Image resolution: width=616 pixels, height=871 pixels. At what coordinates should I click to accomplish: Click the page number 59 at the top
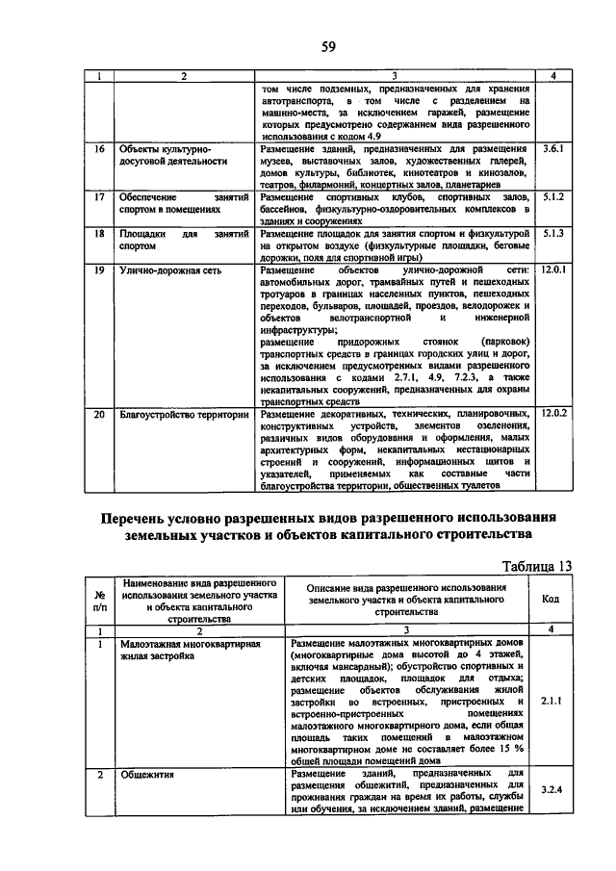tap(327, 46)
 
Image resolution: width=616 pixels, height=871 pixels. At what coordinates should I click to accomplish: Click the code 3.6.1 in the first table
tap(553, 150)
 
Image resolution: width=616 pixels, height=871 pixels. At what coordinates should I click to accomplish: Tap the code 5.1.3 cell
tap(553, 233)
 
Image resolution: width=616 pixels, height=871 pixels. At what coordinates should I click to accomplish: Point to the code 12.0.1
tap(555, 271)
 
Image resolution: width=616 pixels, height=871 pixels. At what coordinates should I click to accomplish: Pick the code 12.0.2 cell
tap(555, 413)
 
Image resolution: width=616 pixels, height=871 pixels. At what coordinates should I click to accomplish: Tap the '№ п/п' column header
tap(99, 602)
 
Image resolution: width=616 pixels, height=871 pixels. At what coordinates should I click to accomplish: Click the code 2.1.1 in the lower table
tap(551, 702)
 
